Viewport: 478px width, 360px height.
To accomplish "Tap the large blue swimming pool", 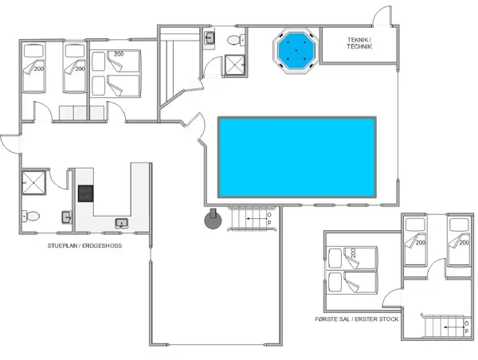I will pyautogui.click(x=296, y=157).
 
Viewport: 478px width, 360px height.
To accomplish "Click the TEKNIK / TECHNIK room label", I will pyautogui.click(x=360, y=43).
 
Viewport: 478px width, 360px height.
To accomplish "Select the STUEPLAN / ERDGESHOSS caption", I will pyautogui.click(x=84, y=246).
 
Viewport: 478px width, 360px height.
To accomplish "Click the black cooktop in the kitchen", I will pyautogui.click(x=85, y=194).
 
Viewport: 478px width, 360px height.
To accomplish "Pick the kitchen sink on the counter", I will pyautogui.click(x=122, y=223).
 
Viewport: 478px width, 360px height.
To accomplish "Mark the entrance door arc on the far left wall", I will pyautogui.click(x=8, y=143).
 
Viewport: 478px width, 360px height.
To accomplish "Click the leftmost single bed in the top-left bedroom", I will pyautogui.click(x=33, y=68).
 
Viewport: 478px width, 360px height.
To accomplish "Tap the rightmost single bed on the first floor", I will pyautogui.click(x=460, y=243).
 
